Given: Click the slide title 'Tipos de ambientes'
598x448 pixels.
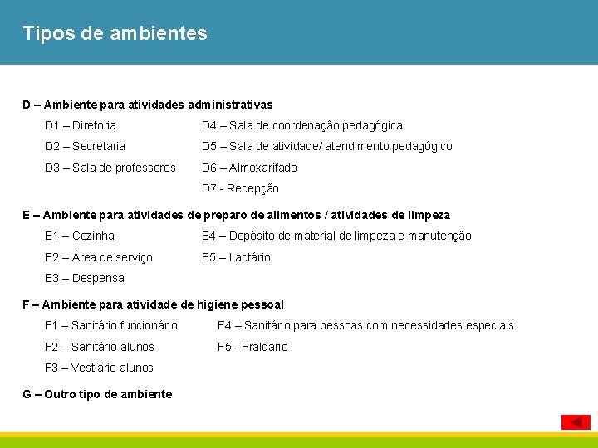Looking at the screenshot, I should [115, 34].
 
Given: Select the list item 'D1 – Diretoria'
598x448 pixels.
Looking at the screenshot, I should [81, 125].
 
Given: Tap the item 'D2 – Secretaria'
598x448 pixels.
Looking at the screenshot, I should [86, 146].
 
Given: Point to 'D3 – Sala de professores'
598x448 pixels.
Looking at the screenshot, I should [110, 168].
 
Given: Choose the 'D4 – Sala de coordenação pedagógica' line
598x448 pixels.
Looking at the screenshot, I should [302, 125].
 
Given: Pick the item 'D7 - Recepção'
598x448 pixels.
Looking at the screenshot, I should [240, 188].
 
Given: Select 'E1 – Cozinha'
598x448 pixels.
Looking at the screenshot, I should [80, 236].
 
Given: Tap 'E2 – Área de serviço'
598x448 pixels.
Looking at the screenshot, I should [99, 257].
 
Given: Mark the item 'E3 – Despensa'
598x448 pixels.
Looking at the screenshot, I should [85, 278].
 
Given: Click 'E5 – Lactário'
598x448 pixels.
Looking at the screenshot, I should [236, 257].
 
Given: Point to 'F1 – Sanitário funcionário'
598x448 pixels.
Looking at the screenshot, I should [111, 325].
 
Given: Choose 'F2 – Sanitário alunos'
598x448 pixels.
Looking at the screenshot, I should [100, 347].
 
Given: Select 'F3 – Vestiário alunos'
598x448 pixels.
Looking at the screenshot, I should [100, 368].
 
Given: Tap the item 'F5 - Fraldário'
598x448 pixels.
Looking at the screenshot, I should [252, 347].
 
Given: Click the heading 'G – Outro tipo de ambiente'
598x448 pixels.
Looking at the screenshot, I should [98, 394].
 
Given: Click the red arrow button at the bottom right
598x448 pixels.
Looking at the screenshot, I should [576, 421].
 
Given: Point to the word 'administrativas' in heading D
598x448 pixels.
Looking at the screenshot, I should [230, 105].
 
